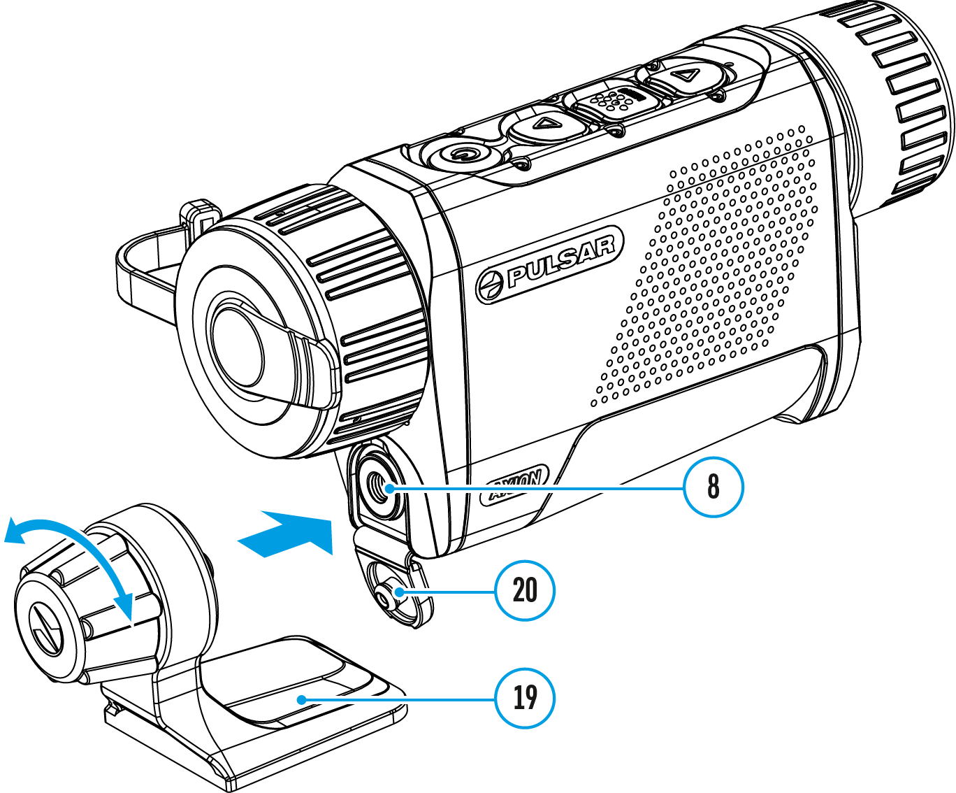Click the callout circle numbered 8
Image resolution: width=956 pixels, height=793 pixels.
pos(713,487)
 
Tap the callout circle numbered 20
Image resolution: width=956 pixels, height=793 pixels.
pos(524,590)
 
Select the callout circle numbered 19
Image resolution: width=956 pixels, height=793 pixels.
pos(524,697)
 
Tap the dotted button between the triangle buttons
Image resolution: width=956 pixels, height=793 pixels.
pos(614,101)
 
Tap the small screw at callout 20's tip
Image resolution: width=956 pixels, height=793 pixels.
pos(385,595)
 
